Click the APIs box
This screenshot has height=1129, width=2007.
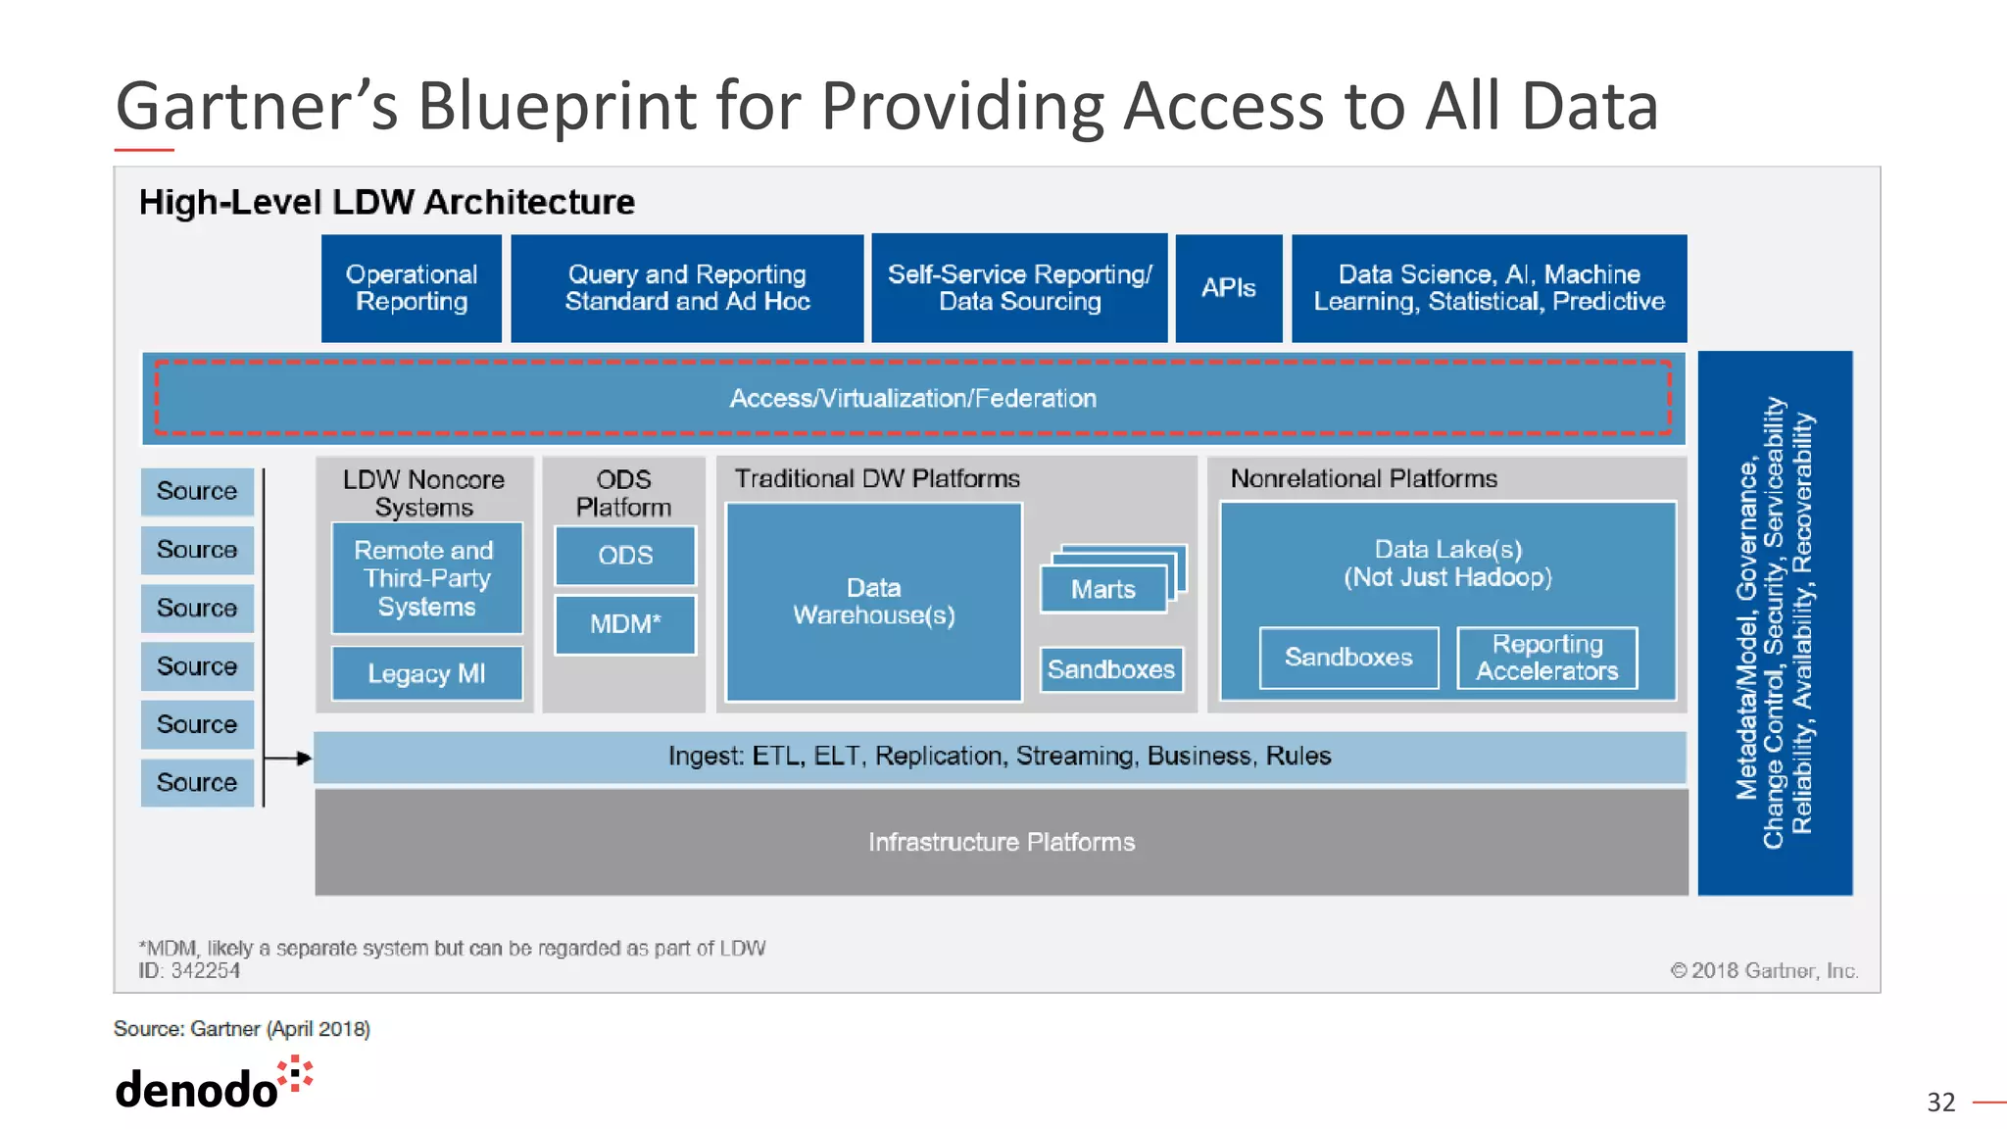(x=1228, y=288)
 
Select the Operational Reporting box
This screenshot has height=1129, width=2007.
(x=412, y=288)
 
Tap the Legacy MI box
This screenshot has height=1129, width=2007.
(x=426, y=673)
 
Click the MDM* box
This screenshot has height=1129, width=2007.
(x=625, y=624)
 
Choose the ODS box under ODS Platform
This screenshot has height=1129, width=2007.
(x=625, y=556)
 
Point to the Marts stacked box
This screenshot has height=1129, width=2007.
(x=1103, y=590)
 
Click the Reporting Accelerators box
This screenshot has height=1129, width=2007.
(x=1546, y=658)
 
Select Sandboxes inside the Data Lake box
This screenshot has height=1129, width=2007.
(x=1348, y=658)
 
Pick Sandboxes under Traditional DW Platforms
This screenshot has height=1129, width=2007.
(x=1110, y=669)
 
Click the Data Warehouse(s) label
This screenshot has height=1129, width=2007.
(x=873, y=602)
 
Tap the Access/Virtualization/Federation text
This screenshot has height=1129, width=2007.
(x=912, y=399)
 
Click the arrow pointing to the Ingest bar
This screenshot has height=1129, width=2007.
(x=290, y=758)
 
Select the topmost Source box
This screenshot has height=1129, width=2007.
(x=197, y=491)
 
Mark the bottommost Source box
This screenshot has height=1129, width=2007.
(x=197, y=782)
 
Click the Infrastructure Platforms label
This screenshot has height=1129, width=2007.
(x=1001, y=842)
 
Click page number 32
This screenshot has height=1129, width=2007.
(x=1939, y=1103)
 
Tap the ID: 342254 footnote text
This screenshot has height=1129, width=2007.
(x=189, y=970)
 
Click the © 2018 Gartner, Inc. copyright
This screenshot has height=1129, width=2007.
(x=1763, y=970)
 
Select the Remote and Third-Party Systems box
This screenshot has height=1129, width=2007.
(x=426, y=578)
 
